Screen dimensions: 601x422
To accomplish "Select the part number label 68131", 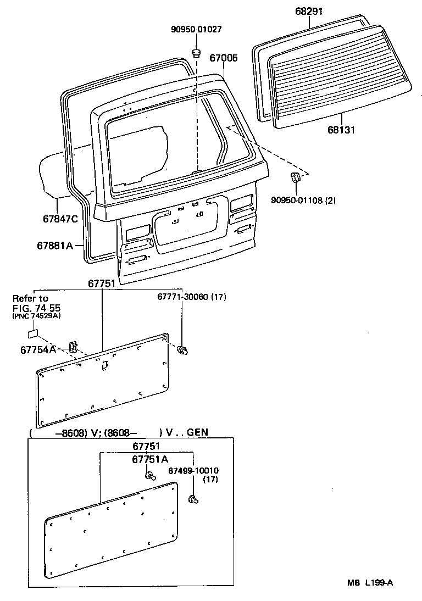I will click(x=341, y=130).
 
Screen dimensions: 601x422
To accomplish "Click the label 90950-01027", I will click(x=196, y=29).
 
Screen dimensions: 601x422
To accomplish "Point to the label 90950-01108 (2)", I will click(x=303, y=201).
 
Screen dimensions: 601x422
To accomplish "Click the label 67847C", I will click(x=60, y=218).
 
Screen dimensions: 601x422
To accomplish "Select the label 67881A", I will click(x=55, y=245).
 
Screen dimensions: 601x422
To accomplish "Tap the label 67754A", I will click(x=38, y=349).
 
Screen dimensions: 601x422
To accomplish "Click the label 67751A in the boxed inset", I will click(x=150, y=459).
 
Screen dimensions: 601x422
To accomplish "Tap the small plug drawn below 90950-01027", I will click(x=196, y=53).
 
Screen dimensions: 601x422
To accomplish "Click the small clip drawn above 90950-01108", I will click(x=296, y=177).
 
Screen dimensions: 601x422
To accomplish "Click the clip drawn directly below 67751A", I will click(x=149, y=476).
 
